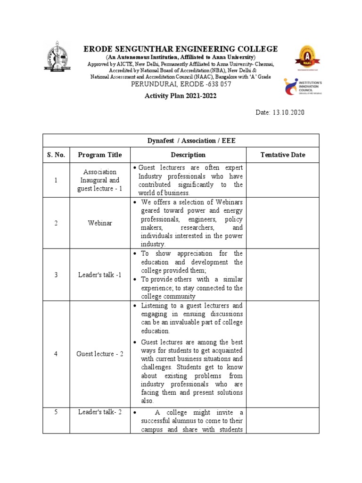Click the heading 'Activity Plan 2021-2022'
(x=181, y=96)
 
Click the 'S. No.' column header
(x=56, y=155)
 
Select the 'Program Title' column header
(x=99, y=155)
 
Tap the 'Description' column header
(x=188, y=155)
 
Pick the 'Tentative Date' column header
(x=282, y=155)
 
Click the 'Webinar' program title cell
(x=99, y=223)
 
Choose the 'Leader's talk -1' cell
(x=99, y=275)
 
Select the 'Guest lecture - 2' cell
(x=99, y=354)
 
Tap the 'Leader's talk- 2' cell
(x=99, y=412)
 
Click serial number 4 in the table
(x=56, y=354)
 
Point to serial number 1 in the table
(x=56, y=180)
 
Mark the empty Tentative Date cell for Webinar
(x=282, y=223)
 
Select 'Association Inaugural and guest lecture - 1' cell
(x=99, y=180)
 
